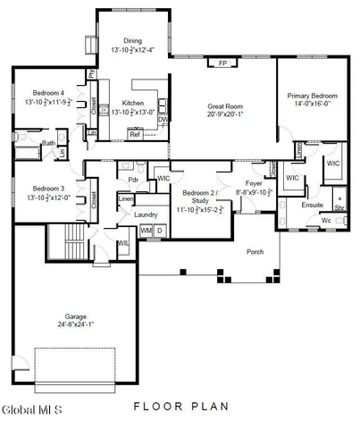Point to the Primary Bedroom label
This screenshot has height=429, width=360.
pyautogui.click(x=310, y=95)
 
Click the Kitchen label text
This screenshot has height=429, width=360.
pyautogui.click(x=133, y=103)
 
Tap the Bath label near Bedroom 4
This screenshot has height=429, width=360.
pyautogui.click(x=48, y=143)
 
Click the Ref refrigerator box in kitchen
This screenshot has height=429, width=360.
pyautogui.click(x=135, y=135)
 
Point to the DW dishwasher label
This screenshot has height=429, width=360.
pyautogui.click(x=163, y=120)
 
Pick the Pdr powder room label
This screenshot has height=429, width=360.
pyautogui.click(x=132, y=180)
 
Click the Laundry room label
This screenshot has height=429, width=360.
pyautogui.click(x=146, y=214)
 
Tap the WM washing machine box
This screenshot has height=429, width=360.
pyautogui.click(x=146, y=231)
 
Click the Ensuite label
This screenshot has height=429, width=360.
pyautogui.click(x=313, y=205)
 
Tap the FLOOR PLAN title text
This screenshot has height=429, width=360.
pyautogui.click(x=181, y=407)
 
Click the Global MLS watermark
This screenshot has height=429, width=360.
pyautogui.click(x=31, y=410)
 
